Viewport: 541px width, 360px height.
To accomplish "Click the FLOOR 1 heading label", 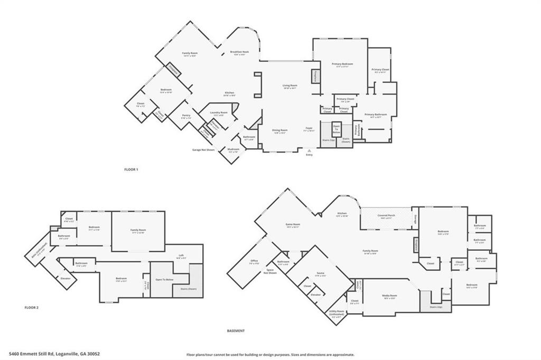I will click(x=130, y=169).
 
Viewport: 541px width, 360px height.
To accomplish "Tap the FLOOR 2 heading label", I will click(x=32, y=307).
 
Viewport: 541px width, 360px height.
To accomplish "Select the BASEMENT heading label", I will click(x=236, y=331).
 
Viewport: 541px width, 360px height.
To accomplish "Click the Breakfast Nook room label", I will click(x=239, y=52).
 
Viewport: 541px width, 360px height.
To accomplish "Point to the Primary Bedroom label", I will click(x=342, y=64).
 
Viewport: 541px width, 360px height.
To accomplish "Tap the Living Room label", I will click(x=290, y=86).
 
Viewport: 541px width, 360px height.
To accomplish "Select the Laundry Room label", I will click(x=220, y=112).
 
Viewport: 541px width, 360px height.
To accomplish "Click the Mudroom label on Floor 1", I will click(x=234, y=149).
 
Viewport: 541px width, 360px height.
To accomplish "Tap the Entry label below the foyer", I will click(x=309, y=154).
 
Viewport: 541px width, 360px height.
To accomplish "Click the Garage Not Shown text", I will click(x=203, y=150).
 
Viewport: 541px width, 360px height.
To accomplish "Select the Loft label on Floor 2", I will click(x=181, y=255).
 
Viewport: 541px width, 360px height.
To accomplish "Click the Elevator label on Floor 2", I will click(x=66, y=278).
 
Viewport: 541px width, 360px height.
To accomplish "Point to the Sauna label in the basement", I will click(x=320, y=273).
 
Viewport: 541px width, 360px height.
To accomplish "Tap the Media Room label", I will click(x=390, y=296).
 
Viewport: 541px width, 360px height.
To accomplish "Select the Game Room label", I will click(x=293, y=224).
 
